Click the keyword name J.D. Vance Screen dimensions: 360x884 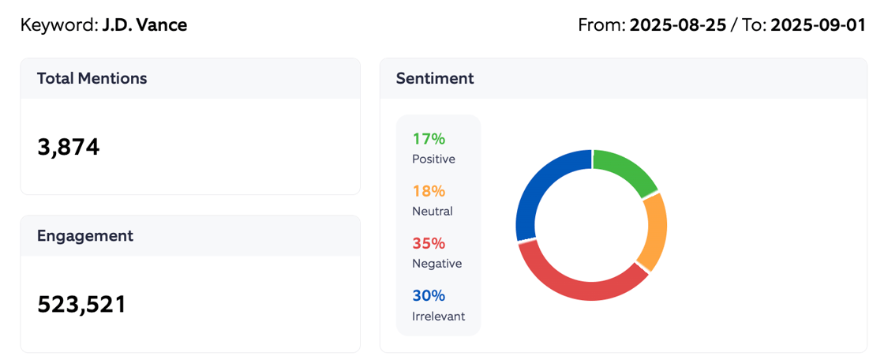pyautogui.click(x=144, y=24)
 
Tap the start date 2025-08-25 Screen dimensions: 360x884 pyautogui.click(x=676, y=24)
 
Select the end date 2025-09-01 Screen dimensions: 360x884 pyautogui.click(x=818, y=24)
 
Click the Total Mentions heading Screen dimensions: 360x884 pyautogui.click(x=92, y=78)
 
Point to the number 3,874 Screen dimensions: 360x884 pyautogui.click(x=69, y=147)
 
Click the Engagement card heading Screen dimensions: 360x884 pyautogui.click(x=85, y=235)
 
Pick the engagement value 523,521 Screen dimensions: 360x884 pyautogui.click(x=82, y=304)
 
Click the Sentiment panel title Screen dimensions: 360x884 pyautogui.click(x=435, y=78)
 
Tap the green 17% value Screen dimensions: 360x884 pyautogui.click(x=429, y=139)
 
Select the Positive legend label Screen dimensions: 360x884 pyautogui.click(x=433, y=159)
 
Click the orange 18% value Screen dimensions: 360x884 pyautogui.click(x=429, y=191)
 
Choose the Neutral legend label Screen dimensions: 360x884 pyautogui.click(x=432, y=211)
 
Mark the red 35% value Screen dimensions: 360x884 pyautogui.click(x=429, y=243)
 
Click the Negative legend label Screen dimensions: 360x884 pyautogui.click(x=436, y=263)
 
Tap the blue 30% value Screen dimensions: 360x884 pyautogui.click(x=429, y=295)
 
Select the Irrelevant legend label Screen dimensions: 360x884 pyautogui.click(x=438, y=316)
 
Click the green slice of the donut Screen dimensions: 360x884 pyautogui.click(x=625, y=167)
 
